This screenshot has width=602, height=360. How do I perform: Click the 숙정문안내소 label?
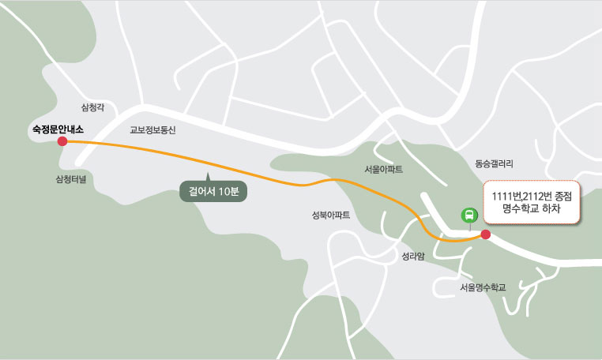pyautogui.click(x=57, y=128)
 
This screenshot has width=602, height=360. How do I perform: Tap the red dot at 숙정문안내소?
pyautogui.click(x=62, y=142)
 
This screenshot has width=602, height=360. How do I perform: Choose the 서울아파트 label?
pyautogui.click(x=384, y=169)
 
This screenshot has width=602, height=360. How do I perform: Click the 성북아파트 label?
pyautogui.click(x=332, y=215)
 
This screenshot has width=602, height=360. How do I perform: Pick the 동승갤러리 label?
pyautogui.click(x=495, y=164)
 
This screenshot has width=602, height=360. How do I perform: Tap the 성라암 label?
pyautogui.click(x=413, y=256)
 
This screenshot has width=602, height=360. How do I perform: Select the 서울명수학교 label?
pyautogui.click(x=482, y=287)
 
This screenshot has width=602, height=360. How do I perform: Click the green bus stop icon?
pyautogui.click(x=468, y=215)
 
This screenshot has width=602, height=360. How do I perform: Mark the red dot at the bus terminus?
pyautogui.click(x=485, y=234)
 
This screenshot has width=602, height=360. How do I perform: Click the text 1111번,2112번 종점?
pyautogui.click(x=531, y=195)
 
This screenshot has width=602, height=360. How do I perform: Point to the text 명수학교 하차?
pyautogui.click(x=532, y=210)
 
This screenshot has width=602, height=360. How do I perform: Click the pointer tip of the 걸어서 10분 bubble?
pyautogui.click(x=208, y=174)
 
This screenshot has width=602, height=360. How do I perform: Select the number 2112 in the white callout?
pyautogui.click(x=524, y=195)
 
